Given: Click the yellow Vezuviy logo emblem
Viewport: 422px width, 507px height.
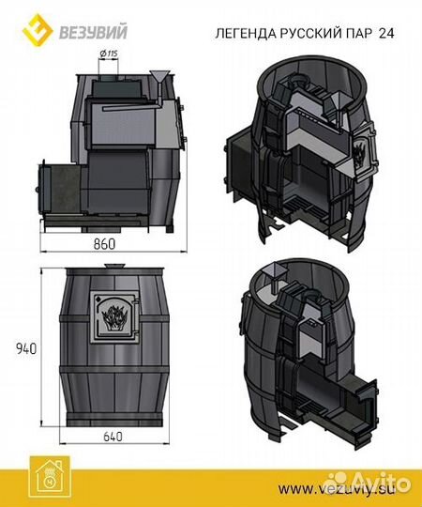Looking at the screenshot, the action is click(x=38, y=30).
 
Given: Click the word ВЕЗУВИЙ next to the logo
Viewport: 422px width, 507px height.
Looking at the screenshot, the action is click(x=94, y=32).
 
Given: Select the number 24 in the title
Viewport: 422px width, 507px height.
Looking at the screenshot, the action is click(x=386, y=33).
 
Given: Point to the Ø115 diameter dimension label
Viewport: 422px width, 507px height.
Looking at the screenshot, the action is click(x=109, y=54).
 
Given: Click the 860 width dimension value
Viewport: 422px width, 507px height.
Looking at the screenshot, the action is click(x=104, y=243).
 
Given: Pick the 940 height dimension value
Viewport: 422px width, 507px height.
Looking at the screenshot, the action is click(x=26, y=348).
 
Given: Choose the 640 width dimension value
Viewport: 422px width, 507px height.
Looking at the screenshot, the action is click(x=113, y=437).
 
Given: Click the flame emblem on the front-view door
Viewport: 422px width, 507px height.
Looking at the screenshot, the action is click(x=114, y=316).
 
